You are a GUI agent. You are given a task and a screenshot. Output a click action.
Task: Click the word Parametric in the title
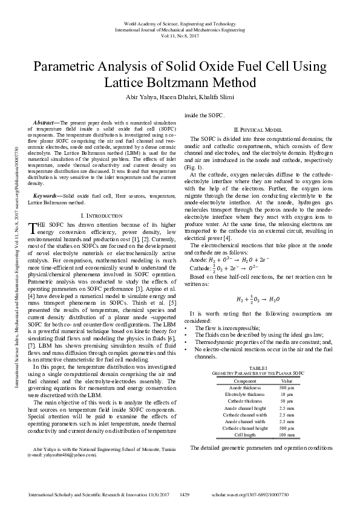pyautogui.click(x=62, y=66)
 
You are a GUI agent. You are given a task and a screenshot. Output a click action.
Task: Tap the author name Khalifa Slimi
pyautogui.click(x=204, y=99)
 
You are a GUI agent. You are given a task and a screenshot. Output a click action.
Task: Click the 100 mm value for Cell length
pyautogui.click(x=287, y=434)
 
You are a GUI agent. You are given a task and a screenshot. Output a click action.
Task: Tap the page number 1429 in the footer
pyautogui.click(x=186, y=494)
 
